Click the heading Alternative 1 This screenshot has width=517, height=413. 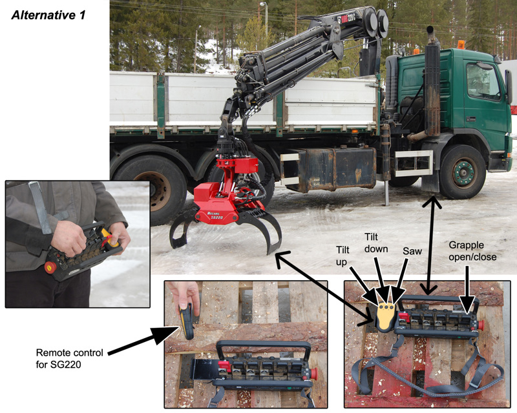click(x=48, y=15)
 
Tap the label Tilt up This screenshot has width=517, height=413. click(x=343, y=256)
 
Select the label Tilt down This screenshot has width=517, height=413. click(x=376, y=243)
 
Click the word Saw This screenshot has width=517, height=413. click(x=412, y=251)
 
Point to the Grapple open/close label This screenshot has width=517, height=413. click(x=472, y=251)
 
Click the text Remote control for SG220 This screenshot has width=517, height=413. click(x=69, y=358)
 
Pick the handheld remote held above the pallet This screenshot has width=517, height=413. click(x=187, y=321)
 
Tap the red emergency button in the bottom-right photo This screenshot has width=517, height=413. click(x=480, y=325)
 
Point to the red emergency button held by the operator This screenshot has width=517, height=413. click(x=50, y=267)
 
